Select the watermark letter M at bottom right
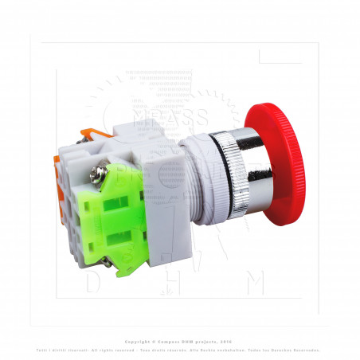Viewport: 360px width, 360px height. click(x=256, y=283)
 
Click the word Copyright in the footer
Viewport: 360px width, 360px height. click(x=127, y=339)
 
